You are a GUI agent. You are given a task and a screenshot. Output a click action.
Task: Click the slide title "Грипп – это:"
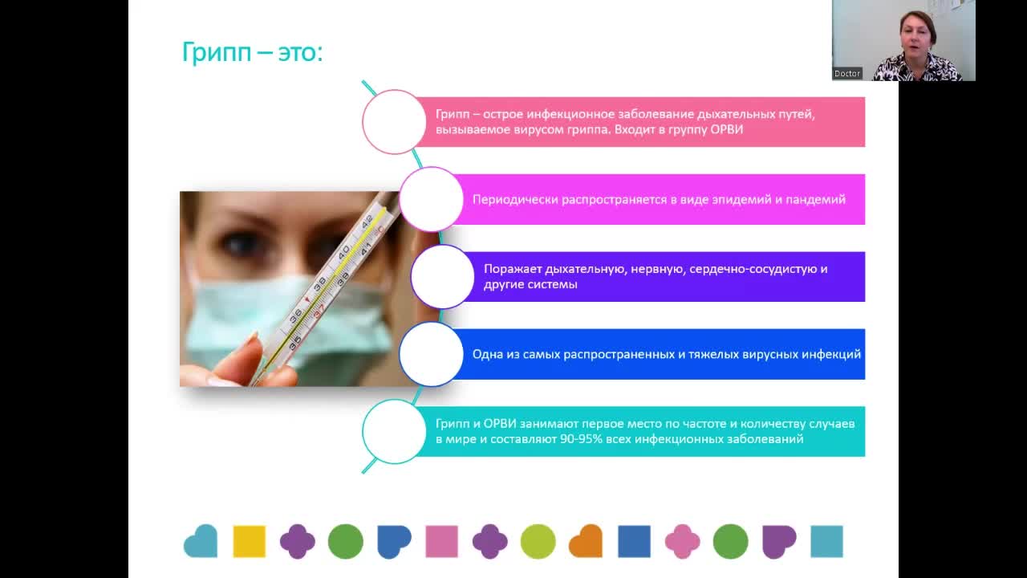click(252, 52)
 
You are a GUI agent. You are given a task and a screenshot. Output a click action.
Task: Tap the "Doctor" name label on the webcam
click(846, 73)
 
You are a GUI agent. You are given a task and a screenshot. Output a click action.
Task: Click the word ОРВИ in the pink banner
click(727, 130)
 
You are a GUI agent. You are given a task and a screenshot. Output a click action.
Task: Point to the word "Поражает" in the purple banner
click(513, 269)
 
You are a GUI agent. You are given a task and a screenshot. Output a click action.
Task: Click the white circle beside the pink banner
click(394, 122)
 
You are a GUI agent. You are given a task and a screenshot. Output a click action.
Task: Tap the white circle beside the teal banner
click(394, 432)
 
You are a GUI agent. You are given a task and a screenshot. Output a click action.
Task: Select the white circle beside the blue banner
click(432, 354)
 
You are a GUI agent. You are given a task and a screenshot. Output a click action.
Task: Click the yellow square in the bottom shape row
click(250, 541)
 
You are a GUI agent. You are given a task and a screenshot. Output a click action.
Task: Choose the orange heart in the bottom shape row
click(586, 541)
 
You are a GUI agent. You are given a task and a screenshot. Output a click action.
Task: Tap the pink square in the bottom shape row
click(441, 541)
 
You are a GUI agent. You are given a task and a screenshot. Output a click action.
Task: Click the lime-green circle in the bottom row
click(538, 541)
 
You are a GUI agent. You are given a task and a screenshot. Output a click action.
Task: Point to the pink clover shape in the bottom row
click(683, 541)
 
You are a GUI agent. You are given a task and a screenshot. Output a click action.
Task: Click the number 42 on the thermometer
click(367, 222)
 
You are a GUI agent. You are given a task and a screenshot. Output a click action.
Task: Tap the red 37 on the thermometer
click(319, 311)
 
